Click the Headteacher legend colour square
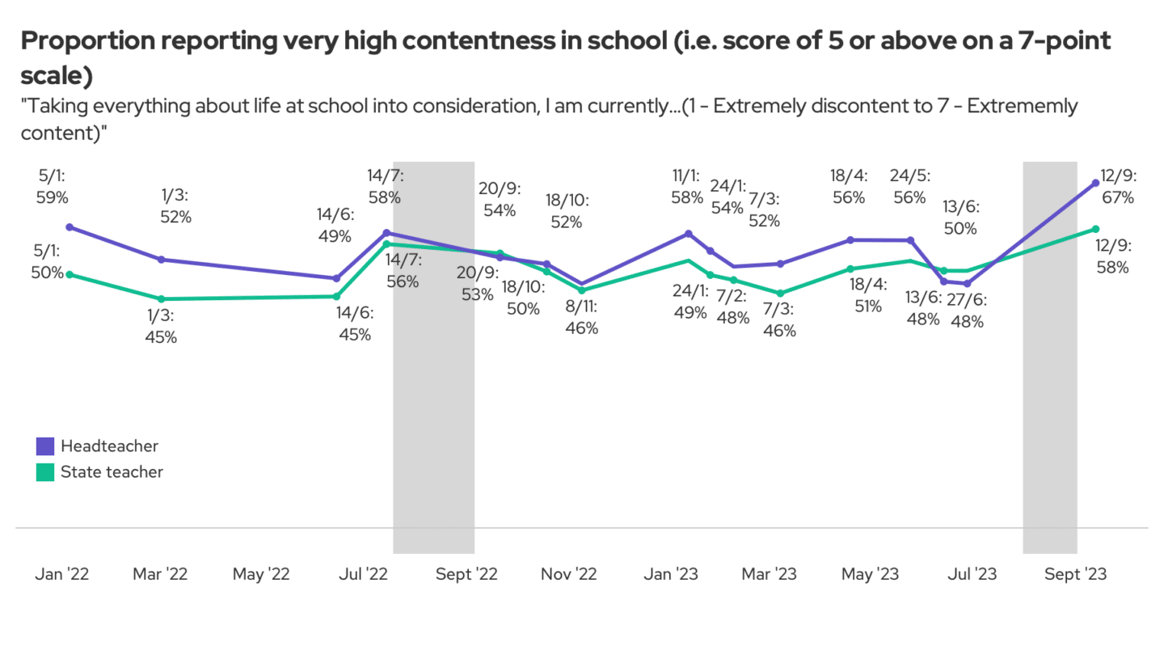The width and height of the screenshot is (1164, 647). tap(45, 446)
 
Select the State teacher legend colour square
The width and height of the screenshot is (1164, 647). tap(45, 472)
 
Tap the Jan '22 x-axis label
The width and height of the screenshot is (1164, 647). tap(61, 574)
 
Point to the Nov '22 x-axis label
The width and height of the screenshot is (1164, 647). tap(568, 574)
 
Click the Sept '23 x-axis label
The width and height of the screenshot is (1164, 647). tap(1075, 574)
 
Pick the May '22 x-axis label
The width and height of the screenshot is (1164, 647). tap(261, 574)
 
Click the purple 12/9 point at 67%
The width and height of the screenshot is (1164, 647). tap(1095, 183)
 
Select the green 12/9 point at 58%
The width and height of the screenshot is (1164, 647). tap(1095, 229)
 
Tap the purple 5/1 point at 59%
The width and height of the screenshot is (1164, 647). tap(70, 227)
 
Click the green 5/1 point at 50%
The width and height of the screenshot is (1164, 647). tap(70, 274)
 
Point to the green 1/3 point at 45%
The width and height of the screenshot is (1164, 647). tap(162, 299)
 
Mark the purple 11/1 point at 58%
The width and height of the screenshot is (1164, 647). tap(688, 234)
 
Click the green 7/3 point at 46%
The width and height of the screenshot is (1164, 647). tap(780, 294)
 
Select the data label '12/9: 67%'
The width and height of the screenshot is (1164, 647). tap(1118, 186)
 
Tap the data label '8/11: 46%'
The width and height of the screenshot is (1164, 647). tap(582, 318)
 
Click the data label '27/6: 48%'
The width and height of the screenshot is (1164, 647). tap(967, 311)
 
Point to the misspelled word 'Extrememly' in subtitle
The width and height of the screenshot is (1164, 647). tap(1028, 106)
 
